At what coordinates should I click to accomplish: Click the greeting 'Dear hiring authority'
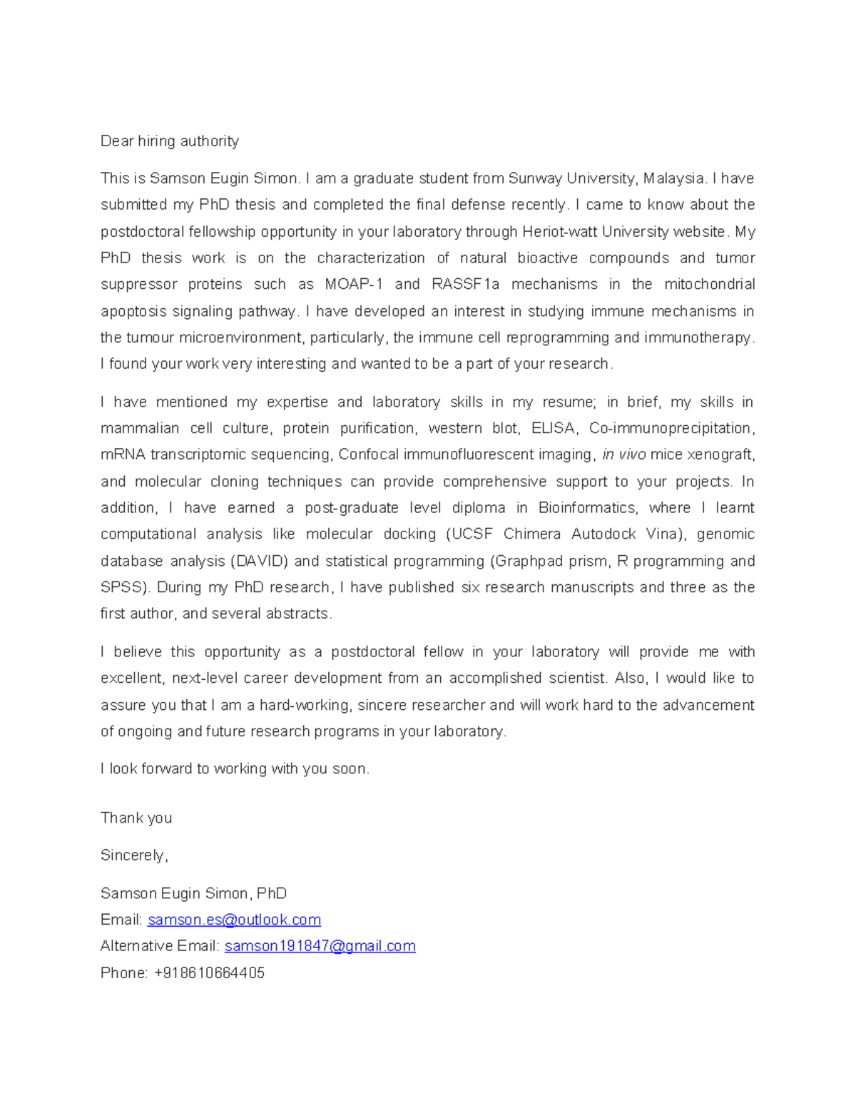(170, 141)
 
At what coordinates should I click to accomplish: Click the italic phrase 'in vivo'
(624, 454)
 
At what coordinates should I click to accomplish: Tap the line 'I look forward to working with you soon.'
(235, 768)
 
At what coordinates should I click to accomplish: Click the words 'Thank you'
(136, 818)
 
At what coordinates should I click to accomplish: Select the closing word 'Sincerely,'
(134, 855)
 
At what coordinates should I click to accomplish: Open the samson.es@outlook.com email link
(234, 920)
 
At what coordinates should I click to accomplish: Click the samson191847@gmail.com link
(320, 946)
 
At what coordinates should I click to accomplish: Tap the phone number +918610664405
(209, 973)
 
